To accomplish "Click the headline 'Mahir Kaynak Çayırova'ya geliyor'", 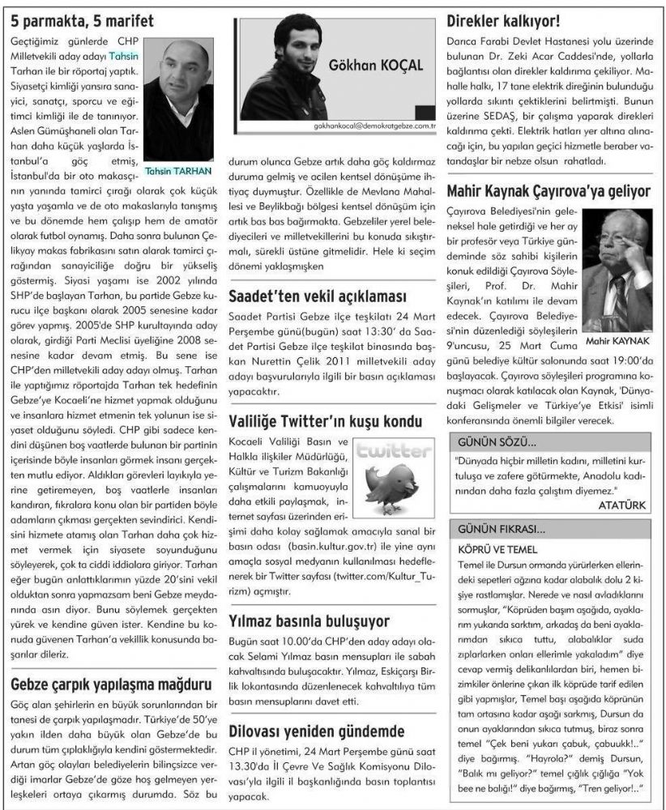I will click(x=549, y=192).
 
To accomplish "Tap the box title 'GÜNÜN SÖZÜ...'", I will click(x=497, y=442).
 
